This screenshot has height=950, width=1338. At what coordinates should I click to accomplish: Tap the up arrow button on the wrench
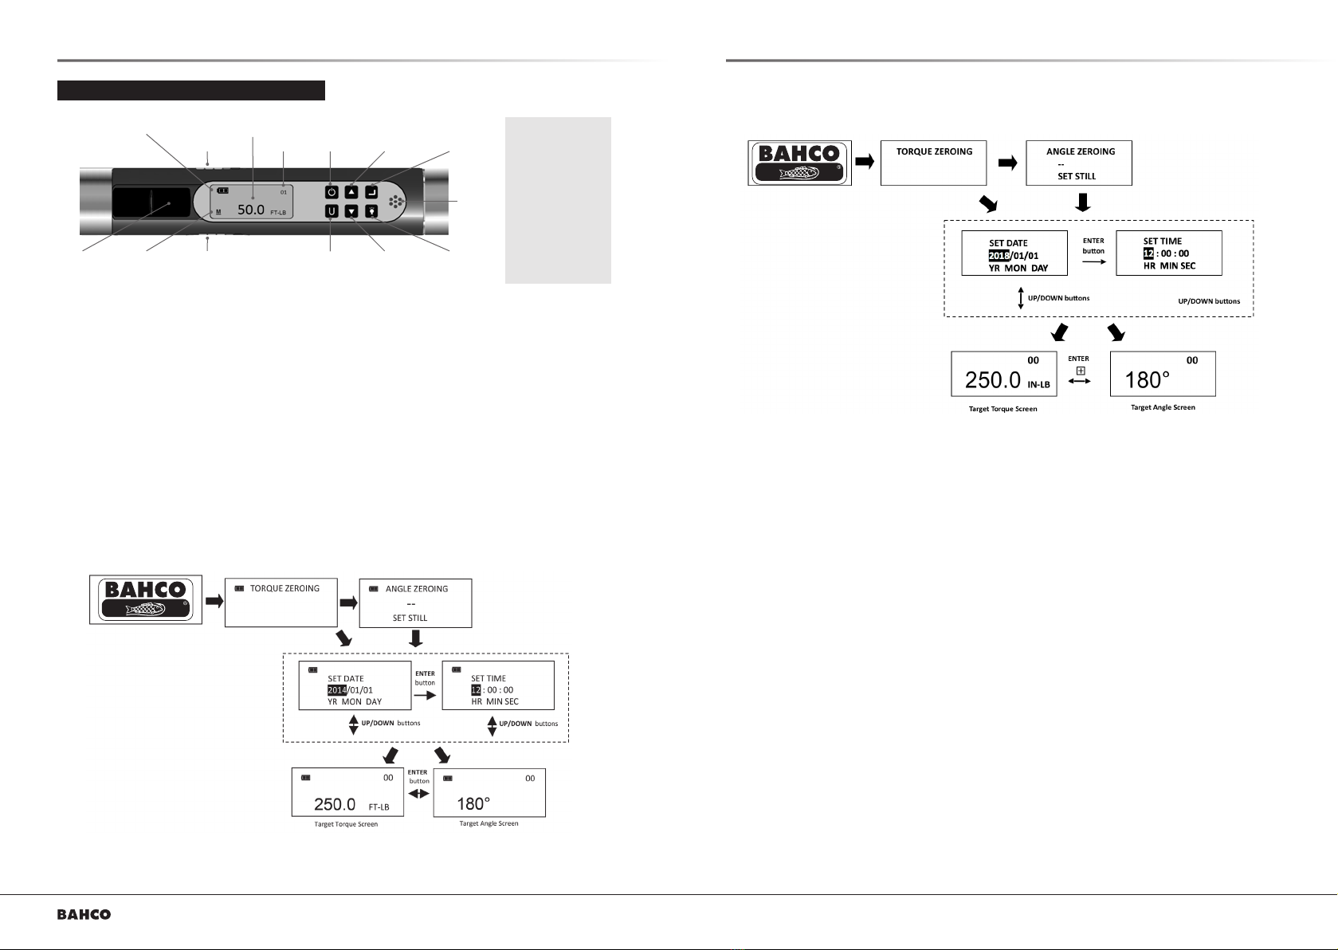351,192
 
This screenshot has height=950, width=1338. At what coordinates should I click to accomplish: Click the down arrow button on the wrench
351,211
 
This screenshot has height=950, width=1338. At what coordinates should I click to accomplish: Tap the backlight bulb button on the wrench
371,211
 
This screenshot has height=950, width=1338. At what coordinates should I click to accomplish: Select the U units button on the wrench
332,211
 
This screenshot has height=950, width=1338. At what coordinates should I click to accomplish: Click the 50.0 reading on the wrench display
251,210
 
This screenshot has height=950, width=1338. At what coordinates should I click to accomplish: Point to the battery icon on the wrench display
223,190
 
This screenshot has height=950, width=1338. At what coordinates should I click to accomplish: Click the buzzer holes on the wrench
396,202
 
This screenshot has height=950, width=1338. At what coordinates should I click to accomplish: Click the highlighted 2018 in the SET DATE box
999,256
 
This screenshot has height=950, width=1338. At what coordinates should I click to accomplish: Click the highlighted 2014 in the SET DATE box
337,690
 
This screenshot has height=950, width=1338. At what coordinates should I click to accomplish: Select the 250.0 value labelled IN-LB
993,380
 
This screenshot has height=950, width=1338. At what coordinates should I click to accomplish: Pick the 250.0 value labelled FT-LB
335,804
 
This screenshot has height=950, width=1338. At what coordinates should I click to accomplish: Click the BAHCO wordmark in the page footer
84,915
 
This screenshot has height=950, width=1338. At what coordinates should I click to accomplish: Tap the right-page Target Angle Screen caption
1163,407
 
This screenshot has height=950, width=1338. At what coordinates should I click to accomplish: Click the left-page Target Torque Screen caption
346,824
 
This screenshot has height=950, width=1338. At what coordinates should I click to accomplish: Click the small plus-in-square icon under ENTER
1081,371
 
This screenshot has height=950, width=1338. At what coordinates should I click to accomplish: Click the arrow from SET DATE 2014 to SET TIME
425,696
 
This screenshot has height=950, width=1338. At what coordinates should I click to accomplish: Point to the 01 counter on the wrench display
284,192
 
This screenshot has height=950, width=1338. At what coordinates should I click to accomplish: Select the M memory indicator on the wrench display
218,212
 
